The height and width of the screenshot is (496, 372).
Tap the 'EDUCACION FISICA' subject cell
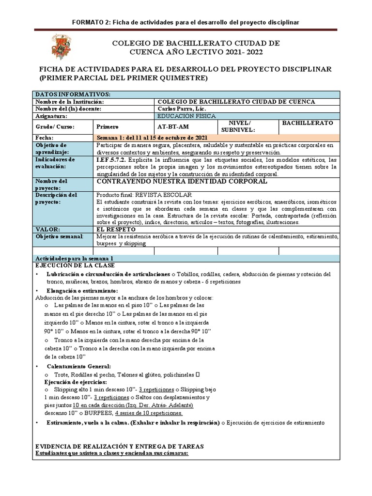pyautogui.click(x=187, y=116)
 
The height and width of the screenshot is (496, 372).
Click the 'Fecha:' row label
pyautogui.click(x=45, y=138)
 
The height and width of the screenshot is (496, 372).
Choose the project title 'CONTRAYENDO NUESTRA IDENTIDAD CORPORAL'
pyautogui.click(x=182, y=181)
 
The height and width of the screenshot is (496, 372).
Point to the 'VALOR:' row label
pyautogui.click(x=47, y=229)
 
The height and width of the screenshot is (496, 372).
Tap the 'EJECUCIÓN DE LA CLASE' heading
pyautogui.click(x=76, y=266)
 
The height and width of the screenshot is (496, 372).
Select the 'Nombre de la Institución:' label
pyautogui.click(x=70, y=102)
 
